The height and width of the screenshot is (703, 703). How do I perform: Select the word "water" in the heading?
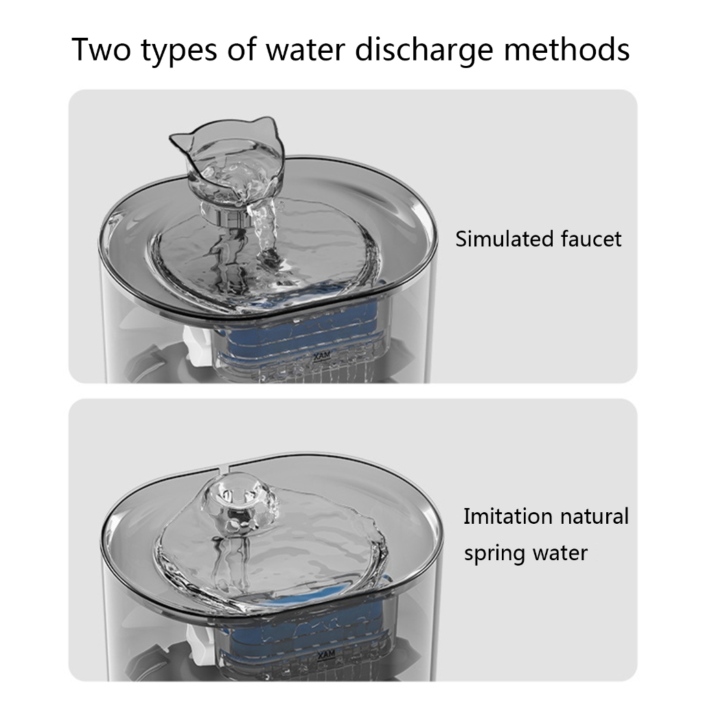(x=306, y=49)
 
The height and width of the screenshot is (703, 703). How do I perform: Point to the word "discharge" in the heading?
(x=424, y=50)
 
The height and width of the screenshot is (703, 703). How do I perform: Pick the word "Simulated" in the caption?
(x=497, y=238)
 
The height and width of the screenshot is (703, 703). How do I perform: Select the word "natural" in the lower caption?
(x=588, y=516)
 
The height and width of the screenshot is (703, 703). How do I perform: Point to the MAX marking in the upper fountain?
(x=322, y=356)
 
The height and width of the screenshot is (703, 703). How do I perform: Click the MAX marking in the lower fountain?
(x=326, y=654)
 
